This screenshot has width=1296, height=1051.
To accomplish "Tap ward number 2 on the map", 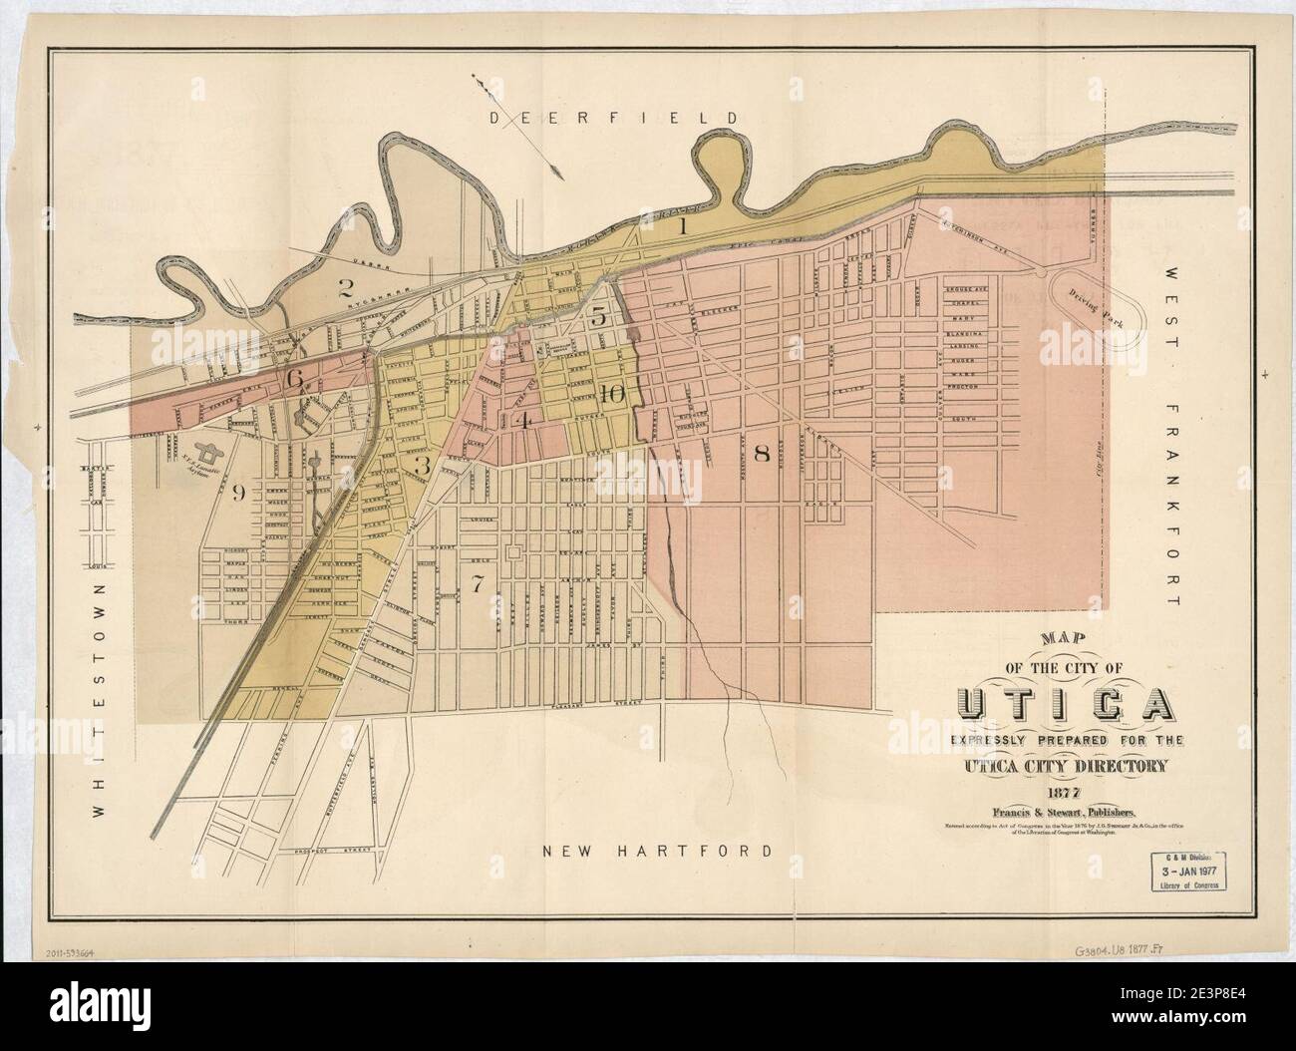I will (346, 290).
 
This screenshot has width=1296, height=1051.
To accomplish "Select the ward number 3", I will (423, 465).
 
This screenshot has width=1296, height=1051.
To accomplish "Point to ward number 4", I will (522, 420).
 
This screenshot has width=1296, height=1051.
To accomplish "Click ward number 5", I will (597, 318).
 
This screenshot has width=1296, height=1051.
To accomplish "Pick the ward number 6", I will (294, 379).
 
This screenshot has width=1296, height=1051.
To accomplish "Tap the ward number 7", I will (479, 585).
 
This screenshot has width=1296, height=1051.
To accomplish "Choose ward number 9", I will (237, 493).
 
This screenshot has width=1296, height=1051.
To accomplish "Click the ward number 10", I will (612, 394).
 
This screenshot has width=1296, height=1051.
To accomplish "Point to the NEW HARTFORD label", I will (658, 852).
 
